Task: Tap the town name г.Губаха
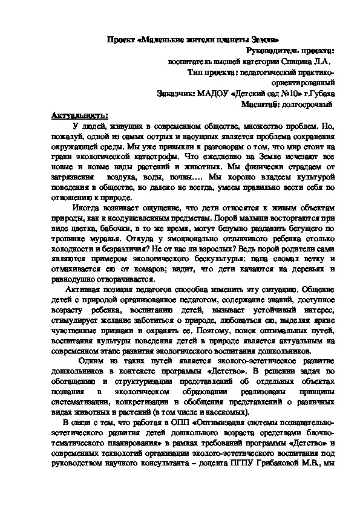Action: [x=319, y=94]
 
